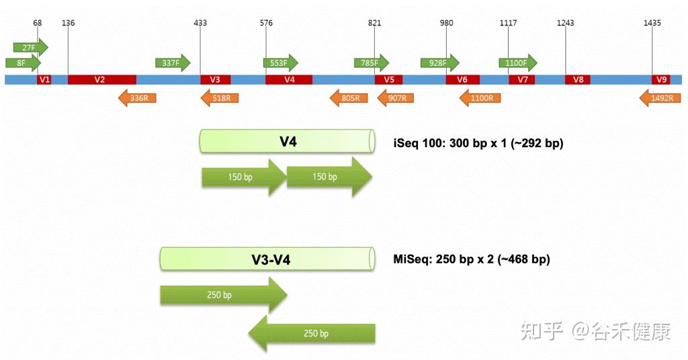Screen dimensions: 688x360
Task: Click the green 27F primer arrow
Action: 30,48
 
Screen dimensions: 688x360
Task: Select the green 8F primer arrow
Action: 23,62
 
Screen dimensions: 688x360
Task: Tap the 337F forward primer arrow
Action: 173,62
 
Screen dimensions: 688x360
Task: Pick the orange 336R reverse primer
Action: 137,98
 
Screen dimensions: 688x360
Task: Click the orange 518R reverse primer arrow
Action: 220,98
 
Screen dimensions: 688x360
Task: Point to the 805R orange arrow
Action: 349,98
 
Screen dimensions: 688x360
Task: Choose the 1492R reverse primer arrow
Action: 660,98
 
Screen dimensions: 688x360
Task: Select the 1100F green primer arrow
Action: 518,62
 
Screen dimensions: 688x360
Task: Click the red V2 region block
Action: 102,79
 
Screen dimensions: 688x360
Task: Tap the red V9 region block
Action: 661,79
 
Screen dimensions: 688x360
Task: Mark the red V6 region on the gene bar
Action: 462,79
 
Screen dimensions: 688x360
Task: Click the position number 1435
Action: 652,23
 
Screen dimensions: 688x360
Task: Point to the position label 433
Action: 200,23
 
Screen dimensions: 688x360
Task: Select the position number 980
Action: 446,23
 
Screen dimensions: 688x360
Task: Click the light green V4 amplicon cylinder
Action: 288,141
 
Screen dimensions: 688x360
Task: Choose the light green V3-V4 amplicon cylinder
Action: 267,259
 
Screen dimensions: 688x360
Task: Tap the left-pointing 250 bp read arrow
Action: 312,333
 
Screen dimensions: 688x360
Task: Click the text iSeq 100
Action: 419,143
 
